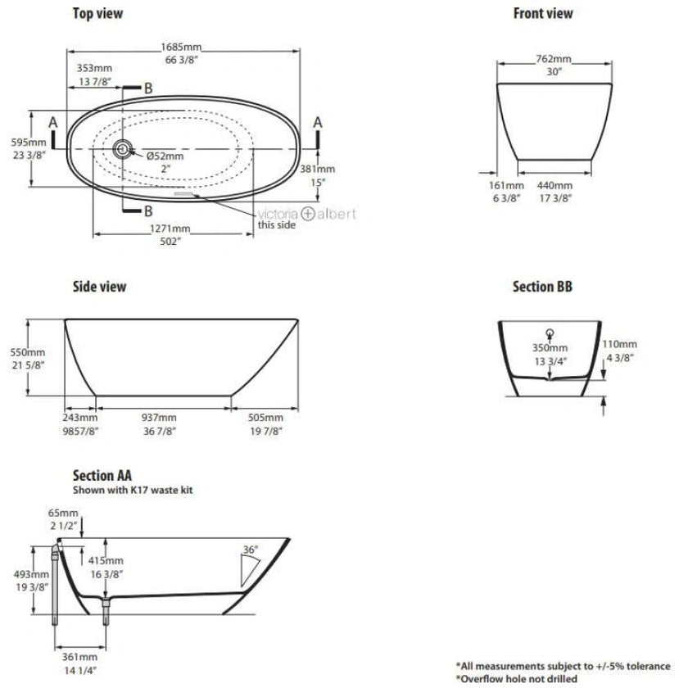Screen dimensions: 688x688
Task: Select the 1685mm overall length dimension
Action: (x=183, y=48)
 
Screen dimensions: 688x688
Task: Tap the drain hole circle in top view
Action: (x=123, y=148)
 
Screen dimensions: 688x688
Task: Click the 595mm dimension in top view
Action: (x=16, y=141)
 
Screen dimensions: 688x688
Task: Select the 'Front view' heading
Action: (x=542, y=13)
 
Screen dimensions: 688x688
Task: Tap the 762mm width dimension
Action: (x=554, y=60)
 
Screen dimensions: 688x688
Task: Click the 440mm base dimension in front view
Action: (x=554, y=186)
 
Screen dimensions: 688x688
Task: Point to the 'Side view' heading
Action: (x=99, y=287)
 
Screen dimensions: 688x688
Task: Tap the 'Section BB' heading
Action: (x=542, y=287)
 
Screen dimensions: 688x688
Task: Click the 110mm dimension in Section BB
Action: (x=619, y=344)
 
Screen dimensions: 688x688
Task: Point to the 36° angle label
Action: (x=251, y=549)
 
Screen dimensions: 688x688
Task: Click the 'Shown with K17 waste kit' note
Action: (x=133, y=490)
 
